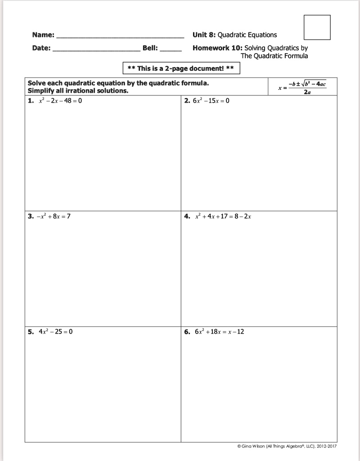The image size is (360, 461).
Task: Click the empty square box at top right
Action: [x=317, y=27]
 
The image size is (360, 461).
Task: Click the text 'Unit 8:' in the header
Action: [x=204, y=35]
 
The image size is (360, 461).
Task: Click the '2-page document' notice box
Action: [x=181, y=68]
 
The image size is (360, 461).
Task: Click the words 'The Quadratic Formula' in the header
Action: [x=274, y=56]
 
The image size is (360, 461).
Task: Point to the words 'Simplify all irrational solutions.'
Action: [x=78, y=90]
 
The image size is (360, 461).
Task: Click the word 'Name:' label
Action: [x=43, y=35]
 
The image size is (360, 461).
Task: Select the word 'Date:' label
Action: [x=41, y=48]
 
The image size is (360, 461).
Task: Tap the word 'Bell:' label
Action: [x=150, y=48]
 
